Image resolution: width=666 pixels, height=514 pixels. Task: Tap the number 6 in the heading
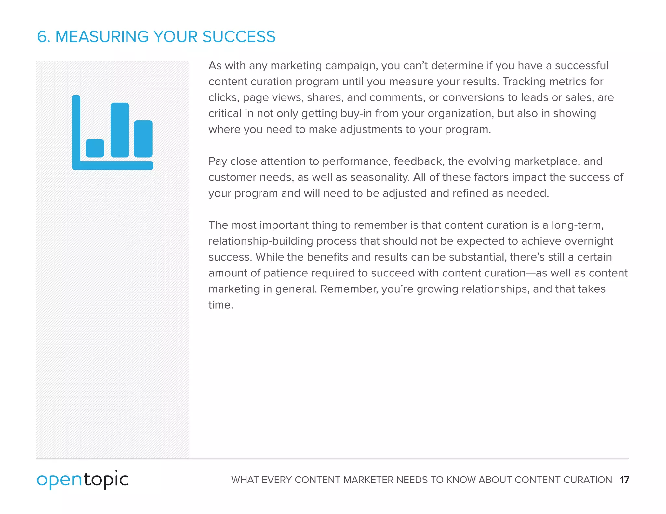(x=42, y=36)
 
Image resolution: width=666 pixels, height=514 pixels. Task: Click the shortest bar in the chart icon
(x=95, y=148)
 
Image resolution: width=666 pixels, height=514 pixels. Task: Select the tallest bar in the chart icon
(x=120, y=130)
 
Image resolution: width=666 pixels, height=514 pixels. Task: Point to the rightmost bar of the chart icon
(x=143, y=139)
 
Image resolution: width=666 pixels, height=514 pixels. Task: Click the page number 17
(x=624, y=480)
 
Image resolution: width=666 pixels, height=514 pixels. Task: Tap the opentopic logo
(x=83, y=480)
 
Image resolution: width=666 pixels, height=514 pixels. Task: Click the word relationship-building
(x=261, y=241)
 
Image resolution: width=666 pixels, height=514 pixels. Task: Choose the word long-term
(x=577, y=225)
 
